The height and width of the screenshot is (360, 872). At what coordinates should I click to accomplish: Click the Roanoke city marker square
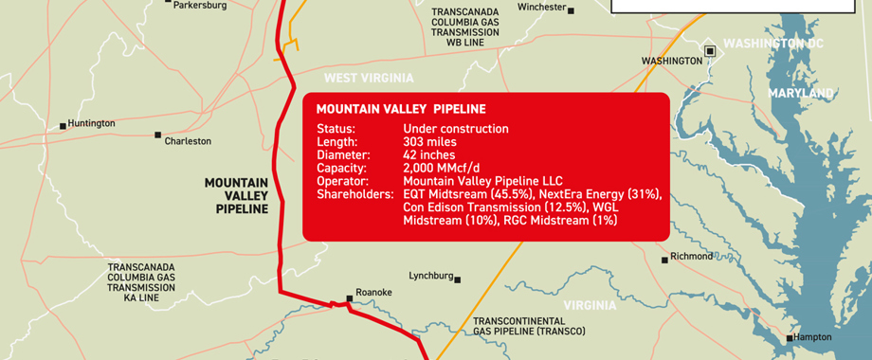pyautogui.click(x=350, y=298)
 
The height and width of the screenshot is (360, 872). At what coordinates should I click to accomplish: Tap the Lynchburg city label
pyautogui.click(x=432, y=276)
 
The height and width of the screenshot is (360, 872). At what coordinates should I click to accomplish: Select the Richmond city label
pyautogui.click(x=691, y=257)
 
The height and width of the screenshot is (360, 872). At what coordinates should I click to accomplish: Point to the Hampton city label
pyautogui.click(x=813, y=337)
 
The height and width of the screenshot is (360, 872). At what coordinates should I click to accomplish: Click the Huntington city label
pyautogui.click(x=92, y=123)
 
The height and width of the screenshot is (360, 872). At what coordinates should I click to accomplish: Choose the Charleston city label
pyautogui.click(x=188, y=141)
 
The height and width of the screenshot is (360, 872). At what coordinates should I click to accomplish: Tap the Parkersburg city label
pyautogui.click(x=200, y=5)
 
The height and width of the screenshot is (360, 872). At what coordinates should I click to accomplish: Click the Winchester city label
pyautogui.click(x=541, y=8)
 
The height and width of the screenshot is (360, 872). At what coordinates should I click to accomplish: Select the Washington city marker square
pyautogui.click(x=710, y=50)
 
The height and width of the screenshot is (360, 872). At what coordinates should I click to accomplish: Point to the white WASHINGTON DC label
pyautogui.click(x=773, y=44)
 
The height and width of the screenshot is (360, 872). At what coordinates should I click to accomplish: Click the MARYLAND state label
pyautogui.click(x=801, y=94)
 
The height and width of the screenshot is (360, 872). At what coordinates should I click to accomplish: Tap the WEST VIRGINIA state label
pyautogui.click(x=369, y=78)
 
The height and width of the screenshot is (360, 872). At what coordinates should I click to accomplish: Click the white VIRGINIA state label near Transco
pyautogui.click(x=590, y=305)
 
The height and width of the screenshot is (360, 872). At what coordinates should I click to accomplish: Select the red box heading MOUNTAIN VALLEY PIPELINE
pyautogui.click(x=400, y=109)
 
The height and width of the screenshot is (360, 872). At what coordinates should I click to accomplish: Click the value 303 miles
pyautogui.click(x=429, y=142)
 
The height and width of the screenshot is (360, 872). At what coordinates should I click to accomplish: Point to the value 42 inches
pyautogui.click(x=429, y=155)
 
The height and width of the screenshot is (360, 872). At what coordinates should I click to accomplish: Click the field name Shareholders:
pyautogui.click(x=354, y=194)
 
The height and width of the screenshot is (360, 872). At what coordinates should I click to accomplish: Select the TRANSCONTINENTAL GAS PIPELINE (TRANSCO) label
pyautogui.click(x=529, y=326)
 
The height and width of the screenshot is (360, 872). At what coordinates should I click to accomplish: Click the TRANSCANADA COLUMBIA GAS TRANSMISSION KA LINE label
pyautogui.click(x=141, y=282)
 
